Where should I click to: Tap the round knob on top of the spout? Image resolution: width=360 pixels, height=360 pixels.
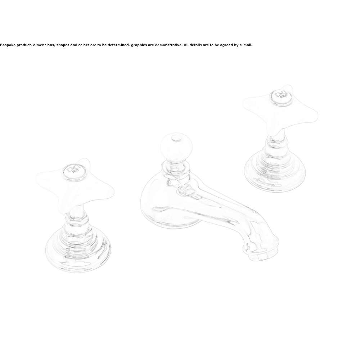[x=176, y=147]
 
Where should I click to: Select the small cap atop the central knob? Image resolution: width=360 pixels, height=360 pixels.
[x=176, y=139]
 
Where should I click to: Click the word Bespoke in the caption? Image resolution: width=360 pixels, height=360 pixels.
[x=8, y=45]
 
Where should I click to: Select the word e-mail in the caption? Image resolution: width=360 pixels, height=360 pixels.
[x=246, y=45]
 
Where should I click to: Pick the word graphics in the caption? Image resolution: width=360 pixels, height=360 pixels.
[x=139, y=45]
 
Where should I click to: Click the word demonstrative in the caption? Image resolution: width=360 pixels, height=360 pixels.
[x=168, y=45]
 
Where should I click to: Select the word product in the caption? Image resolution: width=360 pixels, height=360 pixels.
[x=24, y=45]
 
